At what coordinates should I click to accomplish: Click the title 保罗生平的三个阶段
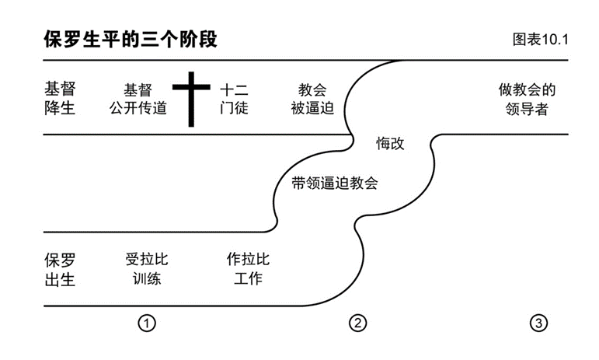[x=130, y=40]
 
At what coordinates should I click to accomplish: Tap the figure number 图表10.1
[x=540, y=40]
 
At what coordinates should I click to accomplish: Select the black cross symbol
[x=191, y=99]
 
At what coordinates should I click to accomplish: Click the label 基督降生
[x=60, y=99]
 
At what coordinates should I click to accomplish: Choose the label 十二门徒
[x=234, y=99]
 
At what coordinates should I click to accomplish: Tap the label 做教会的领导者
[x=527, y=99]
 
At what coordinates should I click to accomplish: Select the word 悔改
[x=390, y=144]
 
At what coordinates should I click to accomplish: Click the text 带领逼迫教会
[x=334, y=183]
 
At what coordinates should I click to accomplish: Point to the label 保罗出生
[x=60, y=269]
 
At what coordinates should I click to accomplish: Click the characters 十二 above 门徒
[x=234, y=89]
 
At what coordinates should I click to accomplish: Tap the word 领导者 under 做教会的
[x=527, y=109]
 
